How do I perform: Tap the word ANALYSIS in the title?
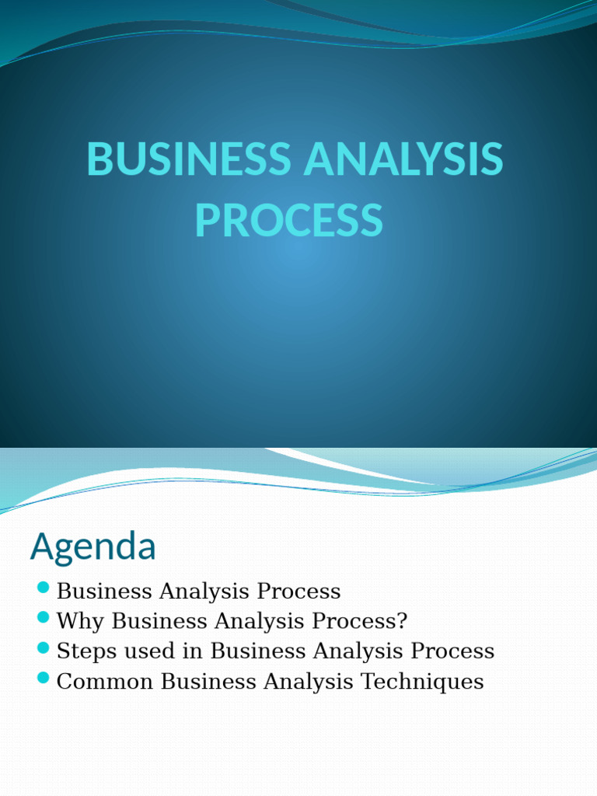[403, 159]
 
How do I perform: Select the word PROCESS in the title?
[289, 220]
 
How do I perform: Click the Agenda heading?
[93, 547]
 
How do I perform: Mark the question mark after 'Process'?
[402, 621]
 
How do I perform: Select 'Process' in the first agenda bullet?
[298, 592]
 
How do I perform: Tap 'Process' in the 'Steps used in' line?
[452, 651]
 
